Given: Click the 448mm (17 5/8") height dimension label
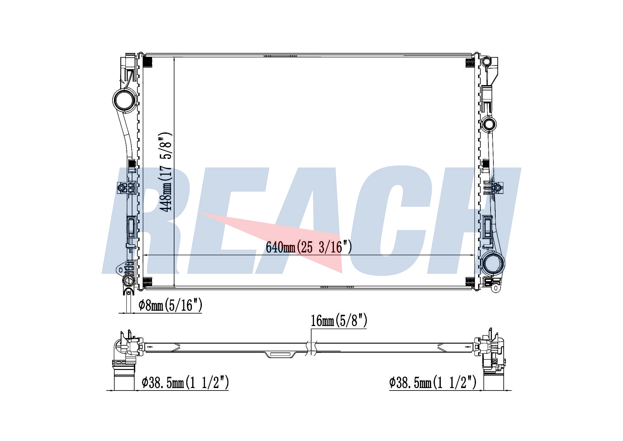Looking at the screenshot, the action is pyautogui.click(x=165, y=172).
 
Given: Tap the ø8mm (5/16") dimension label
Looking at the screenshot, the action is pyautogui.click(x=170, y=305).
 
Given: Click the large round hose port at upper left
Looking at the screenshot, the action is pyautogui.click(x=124, y=99).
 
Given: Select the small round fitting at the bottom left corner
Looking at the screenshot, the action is pyautogui.click(x=128, y=280).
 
